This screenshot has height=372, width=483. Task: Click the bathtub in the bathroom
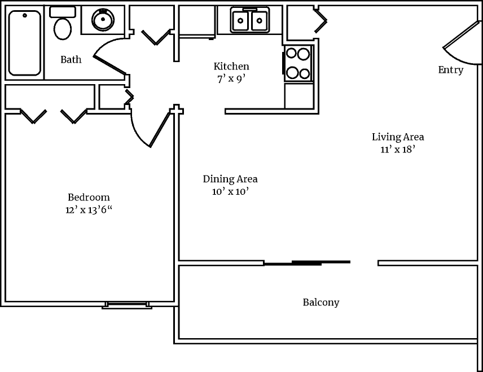click(25, 43)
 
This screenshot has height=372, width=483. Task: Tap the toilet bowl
click(63, 28)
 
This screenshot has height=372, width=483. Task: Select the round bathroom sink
click(103, 20)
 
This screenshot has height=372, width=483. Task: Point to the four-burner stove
click(298, 63)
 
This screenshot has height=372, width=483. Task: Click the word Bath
click(71, 59)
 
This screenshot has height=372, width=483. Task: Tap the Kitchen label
click(231, 67)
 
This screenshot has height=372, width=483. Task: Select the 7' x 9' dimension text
click(231, 79)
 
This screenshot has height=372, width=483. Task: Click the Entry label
click(451, 70)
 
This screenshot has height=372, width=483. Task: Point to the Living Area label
click(398, 137)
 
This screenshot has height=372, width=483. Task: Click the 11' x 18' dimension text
click(398, 150)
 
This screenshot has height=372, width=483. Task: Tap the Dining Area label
click(230, 179)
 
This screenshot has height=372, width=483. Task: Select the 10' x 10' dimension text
click(230, 191)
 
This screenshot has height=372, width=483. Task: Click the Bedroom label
click(89, 197)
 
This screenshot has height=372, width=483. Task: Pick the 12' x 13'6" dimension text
click(89, 210)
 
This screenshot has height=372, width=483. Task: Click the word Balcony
click(321, 303)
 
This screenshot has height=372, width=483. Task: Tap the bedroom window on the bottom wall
click(127, 305)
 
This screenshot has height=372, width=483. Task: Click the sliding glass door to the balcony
click(308, 262)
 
